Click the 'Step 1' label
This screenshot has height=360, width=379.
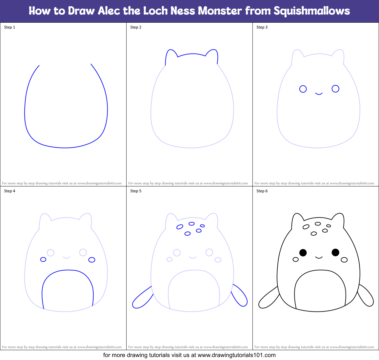pos(10,27)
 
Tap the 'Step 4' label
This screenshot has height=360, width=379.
pos(10,191)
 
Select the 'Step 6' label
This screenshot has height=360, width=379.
pos(262,191)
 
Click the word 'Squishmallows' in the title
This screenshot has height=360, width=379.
pos(312,11)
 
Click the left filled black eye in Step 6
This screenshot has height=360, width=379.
pos(303,253)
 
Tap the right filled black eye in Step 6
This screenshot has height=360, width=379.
pos(335,252)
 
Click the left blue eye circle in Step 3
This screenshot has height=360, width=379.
pos(303,89)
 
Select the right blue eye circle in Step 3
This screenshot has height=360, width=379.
pos(335,89)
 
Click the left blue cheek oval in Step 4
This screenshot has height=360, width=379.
pos(43,260)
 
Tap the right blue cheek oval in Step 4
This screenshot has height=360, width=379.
pos(92,260)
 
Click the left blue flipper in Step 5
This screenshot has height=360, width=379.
pos(142,298)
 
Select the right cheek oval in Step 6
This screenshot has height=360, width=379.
pos(344,260)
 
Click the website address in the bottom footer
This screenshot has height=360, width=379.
pos(237,355)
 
